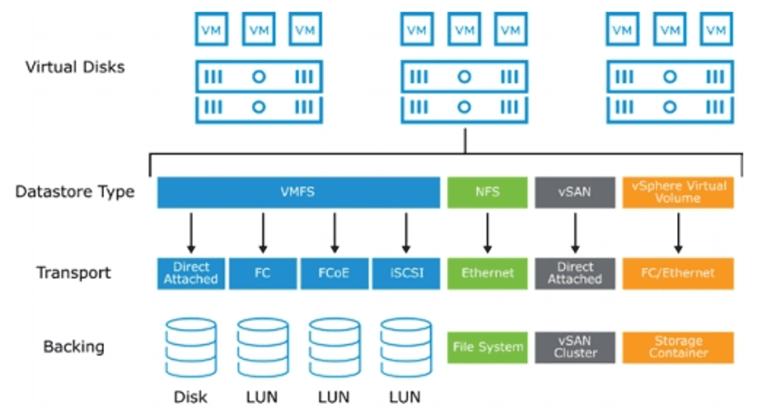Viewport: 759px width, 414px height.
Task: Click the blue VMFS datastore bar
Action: tap(297, 193)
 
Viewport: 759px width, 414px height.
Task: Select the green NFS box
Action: tap(487, 193)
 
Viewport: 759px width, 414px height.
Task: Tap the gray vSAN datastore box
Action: tap(574, 193)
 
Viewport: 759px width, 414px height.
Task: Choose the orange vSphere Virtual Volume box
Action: tap(678, 193)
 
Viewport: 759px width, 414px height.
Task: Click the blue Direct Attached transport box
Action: tap(190, 273)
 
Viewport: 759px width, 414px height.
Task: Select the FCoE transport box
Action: tap(333, 273)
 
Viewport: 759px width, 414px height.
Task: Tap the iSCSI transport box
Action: tap(405, 273)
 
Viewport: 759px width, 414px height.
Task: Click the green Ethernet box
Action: tap(487, 273)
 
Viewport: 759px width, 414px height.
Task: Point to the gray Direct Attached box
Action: tap(574, 273)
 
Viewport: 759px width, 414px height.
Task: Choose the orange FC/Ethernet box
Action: tap(678, 273)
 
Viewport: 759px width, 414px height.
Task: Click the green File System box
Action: tap(487, 347)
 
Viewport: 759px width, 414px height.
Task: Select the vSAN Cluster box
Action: tap(574, 347)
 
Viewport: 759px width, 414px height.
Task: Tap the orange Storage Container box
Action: tap(678, 347)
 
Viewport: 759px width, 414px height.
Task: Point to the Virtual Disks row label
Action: tap(75, 66)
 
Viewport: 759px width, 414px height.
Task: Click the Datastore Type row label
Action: tap(75, 192)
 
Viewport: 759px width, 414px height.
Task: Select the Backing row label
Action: tap(73, 347)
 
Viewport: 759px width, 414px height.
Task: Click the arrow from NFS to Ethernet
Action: tap(487, 232)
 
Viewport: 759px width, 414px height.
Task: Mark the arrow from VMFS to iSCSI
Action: tap(405, 232)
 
